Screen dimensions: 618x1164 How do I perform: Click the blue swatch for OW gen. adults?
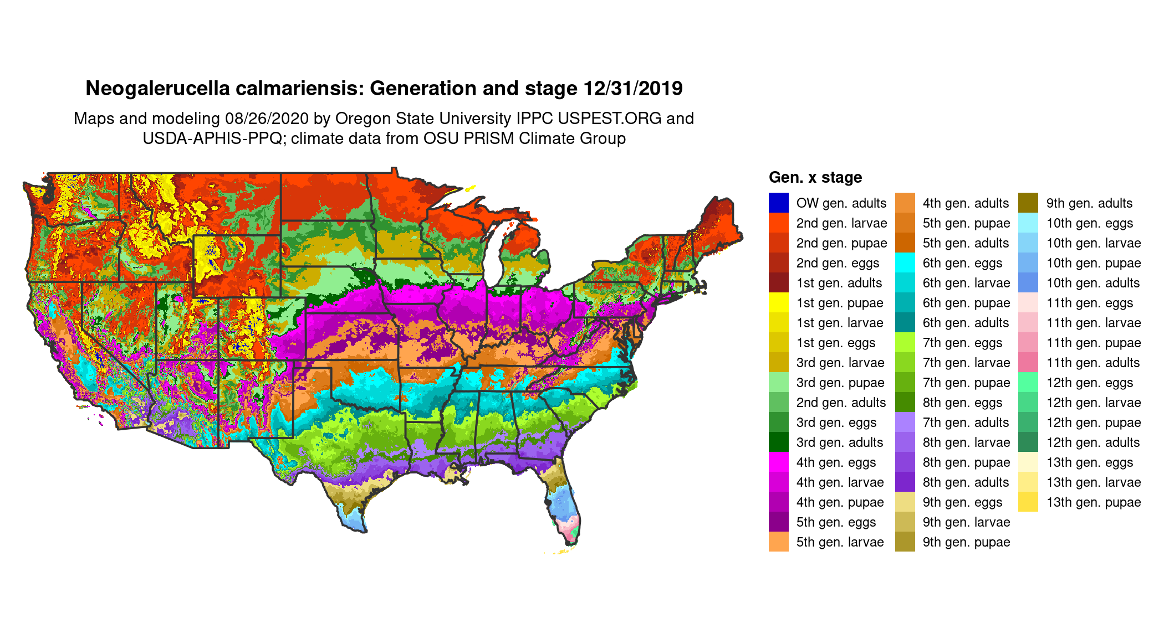point(778,203)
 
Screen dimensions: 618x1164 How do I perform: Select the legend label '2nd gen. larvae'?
point(841,223)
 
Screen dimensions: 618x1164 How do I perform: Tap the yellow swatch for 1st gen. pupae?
point(778,302)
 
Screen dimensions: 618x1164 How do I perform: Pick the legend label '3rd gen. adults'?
point(839,442)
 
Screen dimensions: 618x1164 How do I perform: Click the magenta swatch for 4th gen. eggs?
point(778,462)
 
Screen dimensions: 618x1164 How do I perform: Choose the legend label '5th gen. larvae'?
point(840,542)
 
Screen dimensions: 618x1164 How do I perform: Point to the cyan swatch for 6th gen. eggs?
point(905,262)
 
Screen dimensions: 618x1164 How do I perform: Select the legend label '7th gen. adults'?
point(966,423)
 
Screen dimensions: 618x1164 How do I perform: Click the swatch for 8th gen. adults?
point(905,482)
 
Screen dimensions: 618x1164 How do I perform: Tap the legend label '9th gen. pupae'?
point(966,542)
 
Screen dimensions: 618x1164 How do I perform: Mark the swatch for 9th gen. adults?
point(1028,203)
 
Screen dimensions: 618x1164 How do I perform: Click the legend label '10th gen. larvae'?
point(1093,243)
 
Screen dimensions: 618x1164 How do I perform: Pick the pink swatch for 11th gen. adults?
point(1028,362)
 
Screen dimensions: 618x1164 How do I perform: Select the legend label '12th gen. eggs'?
point(1089,383)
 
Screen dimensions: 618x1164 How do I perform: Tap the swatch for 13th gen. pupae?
point(1028,502)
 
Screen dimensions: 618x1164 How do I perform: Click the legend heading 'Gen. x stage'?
point(815,177)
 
